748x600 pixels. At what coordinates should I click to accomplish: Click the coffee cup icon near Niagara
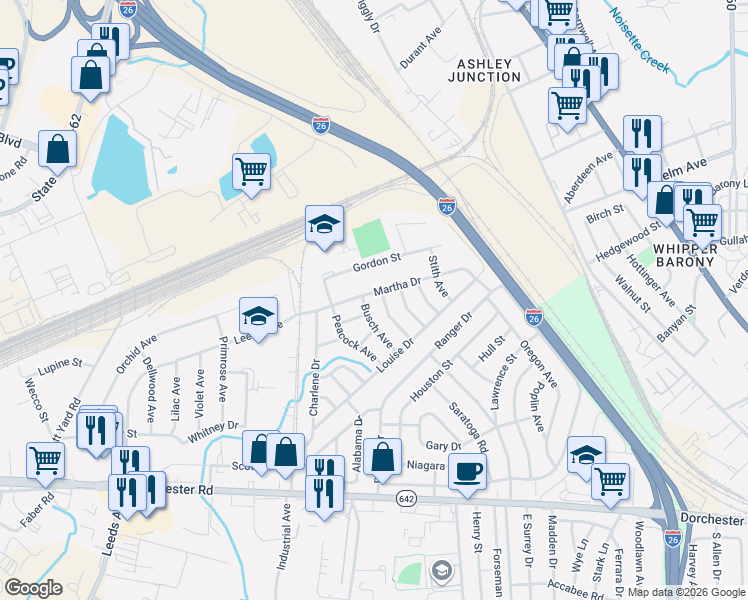pos(467,471)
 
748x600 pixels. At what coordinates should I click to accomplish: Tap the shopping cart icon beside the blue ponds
pos(251,171)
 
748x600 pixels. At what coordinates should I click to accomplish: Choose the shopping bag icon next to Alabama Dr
pos(382,458)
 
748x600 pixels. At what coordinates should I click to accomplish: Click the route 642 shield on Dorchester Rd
pos(405,499)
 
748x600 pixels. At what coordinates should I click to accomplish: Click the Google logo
pos(33,588)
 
